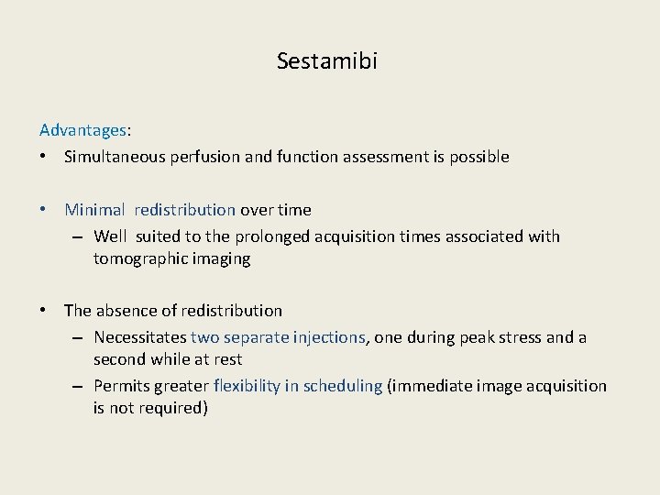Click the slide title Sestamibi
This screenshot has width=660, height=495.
pyautogui.click(x=326, y=61)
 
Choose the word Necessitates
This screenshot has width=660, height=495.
pyautogui.click(x=139, y=337)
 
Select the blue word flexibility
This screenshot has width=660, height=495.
pyautogui.click(x=247, y=386)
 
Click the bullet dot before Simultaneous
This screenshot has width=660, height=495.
pyautogui.click(x=44, y=157)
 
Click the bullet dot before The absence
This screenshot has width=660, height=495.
pyautogui.click(x=44, y=311)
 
